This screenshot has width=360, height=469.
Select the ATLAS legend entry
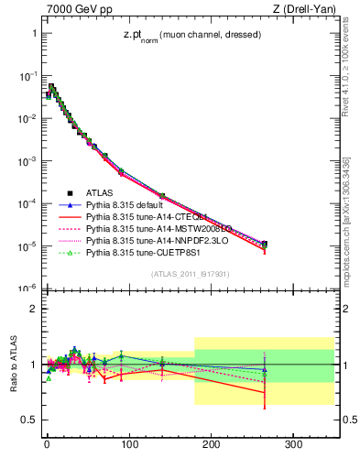pos(100,193)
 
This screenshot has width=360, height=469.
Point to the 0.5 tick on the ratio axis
pos(27,420)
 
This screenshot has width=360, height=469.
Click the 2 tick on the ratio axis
pos(31,309)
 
